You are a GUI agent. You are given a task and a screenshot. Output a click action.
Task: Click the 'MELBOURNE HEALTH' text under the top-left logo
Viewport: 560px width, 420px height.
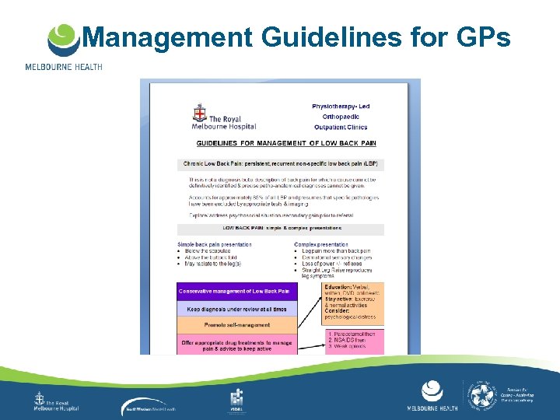pos(64,67)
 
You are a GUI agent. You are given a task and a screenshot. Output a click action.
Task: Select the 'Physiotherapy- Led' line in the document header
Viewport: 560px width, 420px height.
pos(341,106)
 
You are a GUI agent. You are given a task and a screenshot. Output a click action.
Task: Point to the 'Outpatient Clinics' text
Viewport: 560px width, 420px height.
pos(341,127)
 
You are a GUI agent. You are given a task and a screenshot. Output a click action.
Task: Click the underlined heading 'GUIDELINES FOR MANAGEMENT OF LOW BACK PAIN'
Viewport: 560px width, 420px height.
pos(285,143)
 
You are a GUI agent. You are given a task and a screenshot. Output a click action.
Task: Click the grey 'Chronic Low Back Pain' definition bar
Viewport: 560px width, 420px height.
pos(281,164)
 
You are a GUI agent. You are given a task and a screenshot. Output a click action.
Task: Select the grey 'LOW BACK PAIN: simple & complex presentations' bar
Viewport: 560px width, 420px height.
pos(281,229)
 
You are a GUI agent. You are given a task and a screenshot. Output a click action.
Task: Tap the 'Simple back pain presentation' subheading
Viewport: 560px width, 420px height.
pos(215,243)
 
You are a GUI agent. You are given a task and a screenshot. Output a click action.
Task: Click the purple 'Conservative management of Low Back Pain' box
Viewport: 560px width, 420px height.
pos(236,291)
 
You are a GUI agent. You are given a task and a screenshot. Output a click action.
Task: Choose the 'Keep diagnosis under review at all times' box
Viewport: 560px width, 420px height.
pos(236,309)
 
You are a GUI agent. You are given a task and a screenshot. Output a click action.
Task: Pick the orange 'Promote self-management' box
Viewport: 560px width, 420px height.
pos(236,325)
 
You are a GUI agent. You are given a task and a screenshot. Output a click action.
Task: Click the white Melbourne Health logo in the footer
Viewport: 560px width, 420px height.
pos(432,394)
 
